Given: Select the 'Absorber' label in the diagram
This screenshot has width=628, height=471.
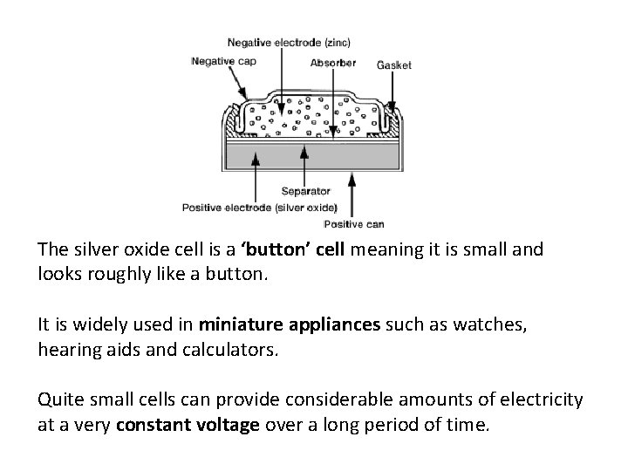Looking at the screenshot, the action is click(332, 63).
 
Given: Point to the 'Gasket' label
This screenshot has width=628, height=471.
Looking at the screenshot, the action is click(394, 65).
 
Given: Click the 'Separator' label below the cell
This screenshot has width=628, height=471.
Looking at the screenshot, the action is click(305, 190).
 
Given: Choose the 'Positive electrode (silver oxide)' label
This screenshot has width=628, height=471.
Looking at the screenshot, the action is click(259, 207).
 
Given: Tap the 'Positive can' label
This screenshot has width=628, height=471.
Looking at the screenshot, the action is click(353, 224).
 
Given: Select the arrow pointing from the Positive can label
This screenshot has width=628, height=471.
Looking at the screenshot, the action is click(351, 196).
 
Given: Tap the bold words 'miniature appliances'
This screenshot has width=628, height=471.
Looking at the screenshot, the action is click(290, 324).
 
